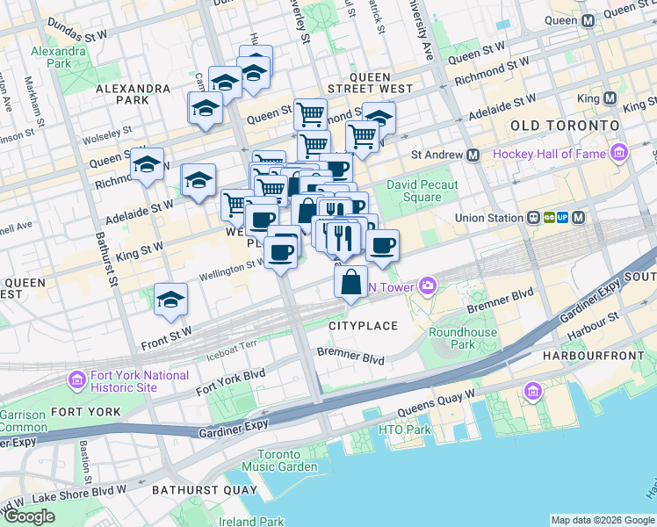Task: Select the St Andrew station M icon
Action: pos(473,155)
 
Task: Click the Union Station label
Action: pos(487,218)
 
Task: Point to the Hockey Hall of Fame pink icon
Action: pos(620,155)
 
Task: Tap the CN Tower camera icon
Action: pos(428,285)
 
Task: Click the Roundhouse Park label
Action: pos(463,338)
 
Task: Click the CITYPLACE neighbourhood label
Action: pos(364,326)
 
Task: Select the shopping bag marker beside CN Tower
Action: pos(350,283)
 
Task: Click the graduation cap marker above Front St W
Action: pos(170,300)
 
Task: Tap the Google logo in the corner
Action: pos(30,516)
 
